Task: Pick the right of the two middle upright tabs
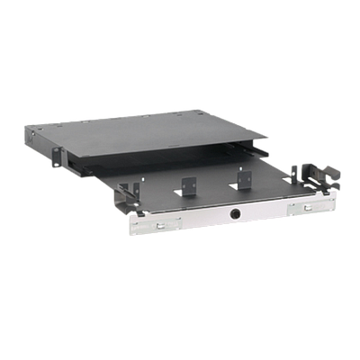(x=242, y=176)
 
